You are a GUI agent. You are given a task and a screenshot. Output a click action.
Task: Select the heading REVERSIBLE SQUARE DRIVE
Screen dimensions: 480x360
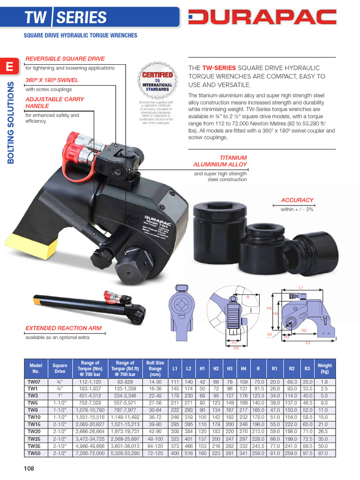pos(65,59)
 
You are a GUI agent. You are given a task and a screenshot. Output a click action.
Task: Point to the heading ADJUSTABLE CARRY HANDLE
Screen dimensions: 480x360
pos(54,103)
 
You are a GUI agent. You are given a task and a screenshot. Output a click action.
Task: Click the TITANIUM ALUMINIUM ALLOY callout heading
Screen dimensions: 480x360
pos(220,161)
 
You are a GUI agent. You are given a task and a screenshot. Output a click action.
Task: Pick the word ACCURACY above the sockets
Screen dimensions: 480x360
pos(297,200)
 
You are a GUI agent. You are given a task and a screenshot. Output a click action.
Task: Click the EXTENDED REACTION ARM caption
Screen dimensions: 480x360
pos(63,328)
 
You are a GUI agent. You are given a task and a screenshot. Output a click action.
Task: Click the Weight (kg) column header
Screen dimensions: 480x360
pos(324,368)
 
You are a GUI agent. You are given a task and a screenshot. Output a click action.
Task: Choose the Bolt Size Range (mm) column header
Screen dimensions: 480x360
pos(155,368)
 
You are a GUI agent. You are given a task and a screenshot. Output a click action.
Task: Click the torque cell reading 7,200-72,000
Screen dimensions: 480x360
pos(90,454)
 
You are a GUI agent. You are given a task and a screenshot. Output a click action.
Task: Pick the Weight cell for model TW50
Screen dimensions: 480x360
pos(324,454)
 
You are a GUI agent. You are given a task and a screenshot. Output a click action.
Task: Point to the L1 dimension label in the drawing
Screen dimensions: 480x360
pos(301,287)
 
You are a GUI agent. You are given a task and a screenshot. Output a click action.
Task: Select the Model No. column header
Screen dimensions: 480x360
pos(36,368)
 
